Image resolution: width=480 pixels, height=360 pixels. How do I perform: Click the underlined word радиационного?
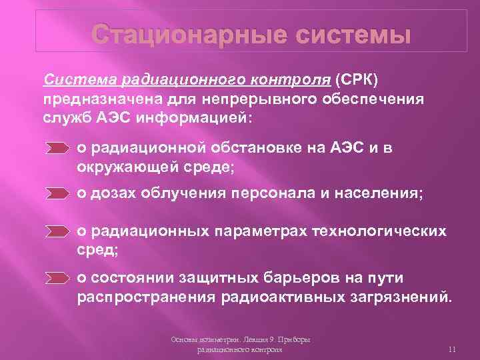click(x=172, y=80)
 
